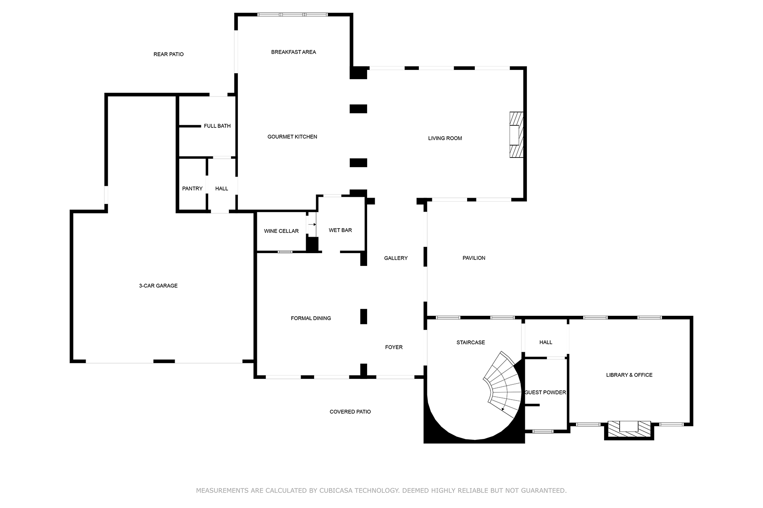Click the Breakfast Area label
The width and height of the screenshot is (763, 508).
pos(293,52)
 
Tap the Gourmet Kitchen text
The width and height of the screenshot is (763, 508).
pos(292,137)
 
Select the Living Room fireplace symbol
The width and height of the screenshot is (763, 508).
pos(516,135)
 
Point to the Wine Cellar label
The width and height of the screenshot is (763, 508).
pos(281,231)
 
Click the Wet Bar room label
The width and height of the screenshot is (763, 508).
pos(340,230)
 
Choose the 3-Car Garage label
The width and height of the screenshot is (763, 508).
pos(158,286)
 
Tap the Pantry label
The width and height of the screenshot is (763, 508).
pos(192,188)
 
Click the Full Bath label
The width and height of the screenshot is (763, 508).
pos(217,126)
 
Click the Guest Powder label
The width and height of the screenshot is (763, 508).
pos(545,392)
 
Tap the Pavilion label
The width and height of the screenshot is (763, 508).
pos(473,258)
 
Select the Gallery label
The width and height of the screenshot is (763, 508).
pos(395,258)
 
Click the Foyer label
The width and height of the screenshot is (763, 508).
pos(393,347)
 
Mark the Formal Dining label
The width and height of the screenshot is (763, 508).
pos(311,318)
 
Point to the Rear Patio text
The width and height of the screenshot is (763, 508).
pos(168,54)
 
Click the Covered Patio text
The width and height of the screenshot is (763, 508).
pos(350,411)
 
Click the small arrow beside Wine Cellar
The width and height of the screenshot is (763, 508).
pos(312,224)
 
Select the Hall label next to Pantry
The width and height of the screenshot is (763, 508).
pos(221,188)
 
